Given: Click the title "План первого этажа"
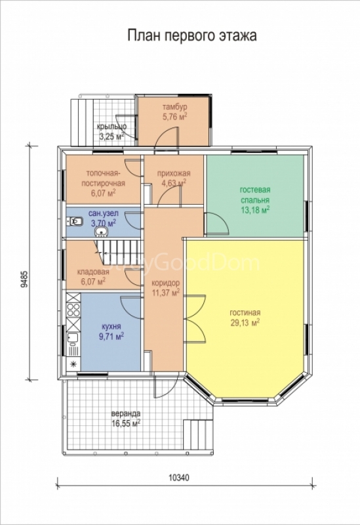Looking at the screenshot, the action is tap(191, 35).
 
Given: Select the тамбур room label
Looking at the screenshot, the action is tap(174, 107).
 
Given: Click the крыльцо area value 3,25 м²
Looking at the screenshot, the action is tap(111, 136).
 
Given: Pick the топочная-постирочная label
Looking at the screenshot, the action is tap(106, 178).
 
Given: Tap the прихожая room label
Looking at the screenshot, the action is tap(174, 173).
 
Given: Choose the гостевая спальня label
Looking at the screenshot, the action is tap(255, 195).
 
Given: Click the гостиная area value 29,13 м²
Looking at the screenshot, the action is tap(245, 323).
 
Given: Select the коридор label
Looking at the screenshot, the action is tap(165, 283).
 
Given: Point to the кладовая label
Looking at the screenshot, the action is tap(93, 272).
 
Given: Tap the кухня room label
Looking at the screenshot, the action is tap(111, 326).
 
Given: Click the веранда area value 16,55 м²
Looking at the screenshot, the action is tap(126, 423).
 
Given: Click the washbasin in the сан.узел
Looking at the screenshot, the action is tap(102, 232).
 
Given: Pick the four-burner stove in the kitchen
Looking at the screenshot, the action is tap(73, 310).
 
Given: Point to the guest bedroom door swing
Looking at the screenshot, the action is tap(217, 222).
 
